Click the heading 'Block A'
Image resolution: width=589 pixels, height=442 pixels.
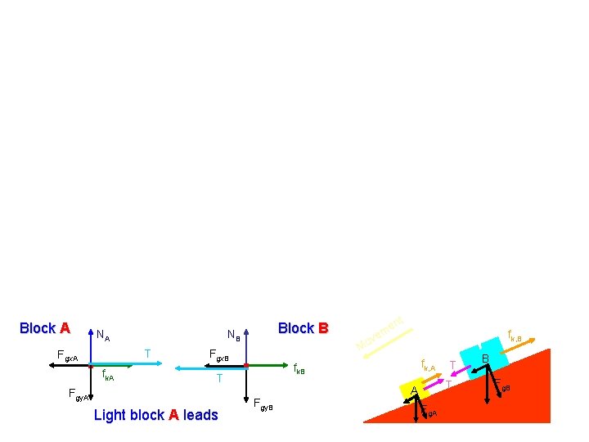(x=44, y=328)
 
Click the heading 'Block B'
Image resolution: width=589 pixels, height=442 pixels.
(x=303, y=328)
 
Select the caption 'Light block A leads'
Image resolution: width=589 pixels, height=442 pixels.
(x=156, y=415)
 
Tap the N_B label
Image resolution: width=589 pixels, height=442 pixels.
(x=233, y=334)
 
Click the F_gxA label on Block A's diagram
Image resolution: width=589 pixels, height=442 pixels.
(x=67, y=357)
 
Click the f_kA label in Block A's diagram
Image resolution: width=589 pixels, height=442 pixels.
(x=108, y=377)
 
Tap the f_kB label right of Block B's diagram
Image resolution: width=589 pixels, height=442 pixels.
(x=299, y=370)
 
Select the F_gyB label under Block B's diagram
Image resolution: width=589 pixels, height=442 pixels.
(x=263, y=403)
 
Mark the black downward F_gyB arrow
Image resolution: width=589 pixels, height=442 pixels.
(x=246, y=385)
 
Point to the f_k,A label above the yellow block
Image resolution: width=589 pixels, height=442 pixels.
(x=428, y=365)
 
